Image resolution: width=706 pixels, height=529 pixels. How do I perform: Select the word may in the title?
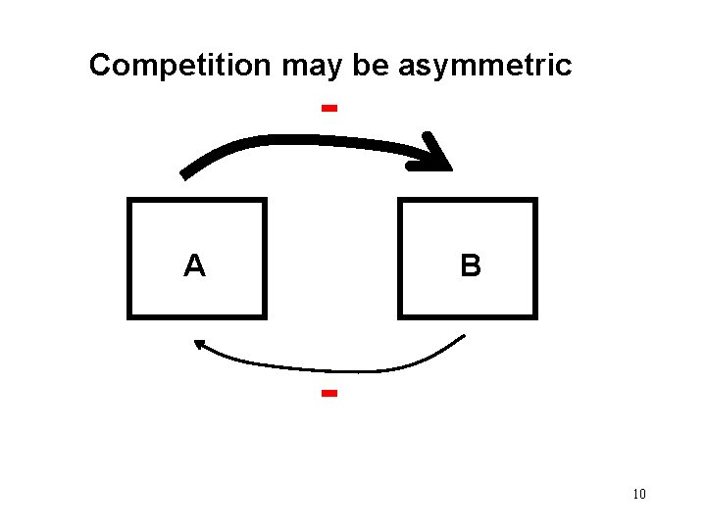[x=307, y=67]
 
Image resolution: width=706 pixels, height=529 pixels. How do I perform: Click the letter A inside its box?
[x=195, y=265]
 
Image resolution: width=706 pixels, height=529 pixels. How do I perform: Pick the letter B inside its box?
[x=471, y=265]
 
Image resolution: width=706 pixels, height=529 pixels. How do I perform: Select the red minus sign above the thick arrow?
[x=329, y=107]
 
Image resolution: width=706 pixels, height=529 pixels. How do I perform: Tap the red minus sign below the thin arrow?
[x=329, y=394]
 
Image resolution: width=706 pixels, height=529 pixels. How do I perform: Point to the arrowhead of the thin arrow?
[x=200, y=344]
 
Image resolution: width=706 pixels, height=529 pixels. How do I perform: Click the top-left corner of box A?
[x=129, y=201]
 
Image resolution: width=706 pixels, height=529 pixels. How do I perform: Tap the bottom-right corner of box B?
[x=534, y=315]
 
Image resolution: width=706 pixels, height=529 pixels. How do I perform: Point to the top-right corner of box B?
[x=534, y=201]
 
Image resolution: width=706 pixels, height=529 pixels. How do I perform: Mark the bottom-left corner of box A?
[x=129, y=315]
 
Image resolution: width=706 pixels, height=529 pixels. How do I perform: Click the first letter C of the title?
[x=99, y=66]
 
